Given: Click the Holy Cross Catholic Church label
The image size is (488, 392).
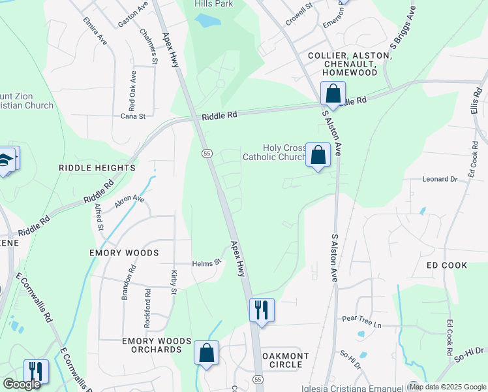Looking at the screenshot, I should [275, 152].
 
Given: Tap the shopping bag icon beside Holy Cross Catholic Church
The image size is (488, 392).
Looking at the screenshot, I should [318, 156].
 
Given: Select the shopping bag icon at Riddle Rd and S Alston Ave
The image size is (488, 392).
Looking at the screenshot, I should [333, 94].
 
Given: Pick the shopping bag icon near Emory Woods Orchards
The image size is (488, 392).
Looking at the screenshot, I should [206, 353].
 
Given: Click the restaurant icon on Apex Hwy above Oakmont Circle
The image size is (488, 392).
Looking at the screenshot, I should [262, 310].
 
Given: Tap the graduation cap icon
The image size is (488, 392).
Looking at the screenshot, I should [5, 160].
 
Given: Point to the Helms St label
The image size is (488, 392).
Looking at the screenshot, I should [207, 263].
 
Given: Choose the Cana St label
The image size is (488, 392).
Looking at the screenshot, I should [132, 116].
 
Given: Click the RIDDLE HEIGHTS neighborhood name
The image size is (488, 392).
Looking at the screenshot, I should [97, 168].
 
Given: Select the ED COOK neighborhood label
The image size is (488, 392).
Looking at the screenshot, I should [447, 265].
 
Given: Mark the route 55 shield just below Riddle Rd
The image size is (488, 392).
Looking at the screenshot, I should [206, 153].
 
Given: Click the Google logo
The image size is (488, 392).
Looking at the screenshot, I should [22, 384].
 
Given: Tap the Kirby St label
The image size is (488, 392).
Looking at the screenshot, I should [174, 282].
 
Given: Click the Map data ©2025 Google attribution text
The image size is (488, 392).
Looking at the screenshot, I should [448, 387].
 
